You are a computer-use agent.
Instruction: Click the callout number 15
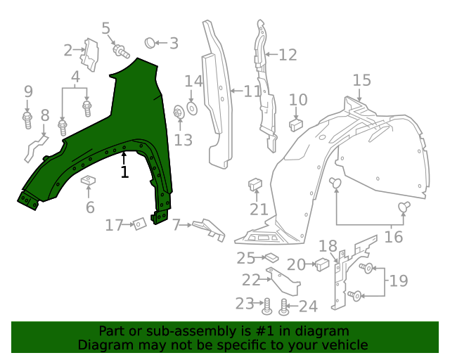[x=361, y=80]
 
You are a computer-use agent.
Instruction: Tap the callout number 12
[x=288, y=55]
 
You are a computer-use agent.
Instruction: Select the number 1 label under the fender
[x=124, y=172]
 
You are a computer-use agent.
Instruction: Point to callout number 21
[x=259, y=209]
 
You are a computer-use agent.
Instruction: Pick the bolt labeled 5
[x=122, y=50]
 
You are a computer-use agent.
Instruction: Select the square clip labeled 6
[x=88, y=181]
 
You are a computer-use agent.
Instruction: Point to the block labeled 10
[x=296, y=124]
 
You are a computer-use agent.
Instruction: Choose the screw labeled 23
[x=267, y=306]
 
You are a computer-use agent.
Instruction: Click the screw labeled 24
[x=284, y=307]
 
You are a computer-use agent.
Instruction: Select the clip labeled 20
[x=322, y=264]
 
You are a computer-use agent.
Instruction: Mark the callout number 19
[x=398, y=281]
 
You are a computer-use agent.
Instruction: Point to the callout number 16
[x=394, y=236]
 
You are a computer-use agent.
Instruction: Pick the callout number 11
[x=252, y=91]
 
